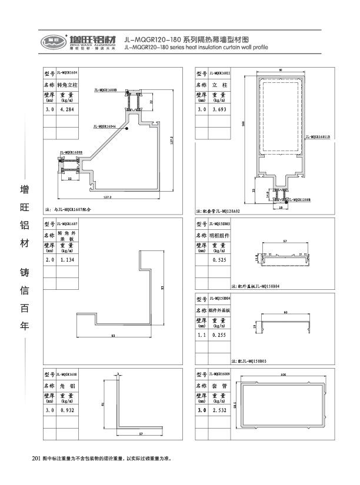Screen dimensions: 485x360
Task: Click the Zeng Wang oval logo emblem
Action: [x=51, y=41]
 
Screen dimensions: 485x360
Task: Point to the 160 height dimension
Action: [x=243, y=123]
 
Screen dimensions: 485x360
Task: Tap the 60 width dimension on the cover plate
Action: [x=285, y=313]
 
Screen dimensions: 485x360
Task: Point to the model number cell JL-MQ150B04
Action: [x=220, y=299]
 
